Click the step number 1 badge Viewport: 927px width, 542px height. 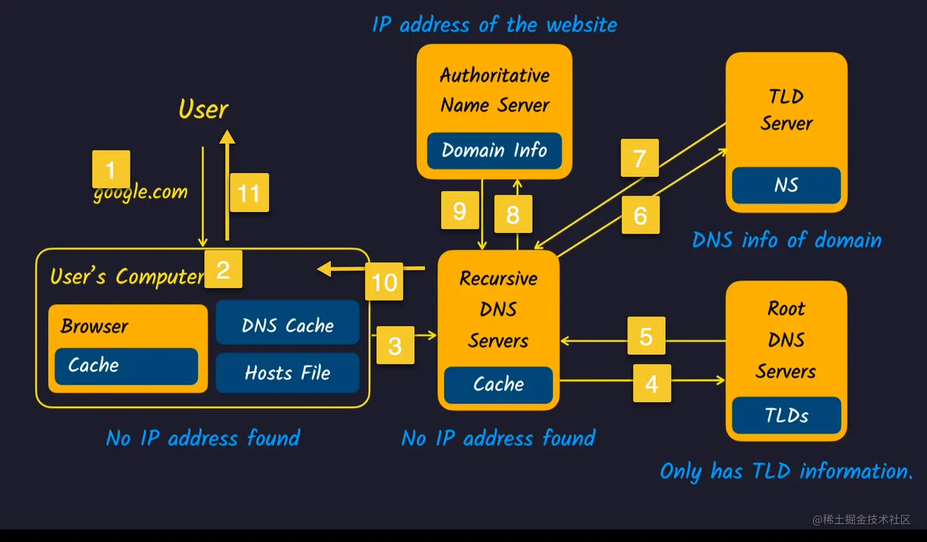coord(111,169)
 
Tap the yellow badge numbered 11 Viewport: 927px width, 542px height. coord(249,193)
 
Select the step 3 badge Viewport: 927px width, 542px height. coord(395,345)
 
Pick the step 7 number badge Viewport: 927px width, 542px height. coord(639,158)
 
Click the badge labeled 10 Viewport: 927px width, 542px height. coord(384,281)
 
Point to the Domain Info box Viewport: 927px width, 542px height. coord(494,150)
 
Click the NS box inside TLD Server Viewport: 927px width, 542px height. coord(786,185)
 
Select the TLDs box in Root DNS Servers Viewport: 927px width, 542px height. coord(786,415)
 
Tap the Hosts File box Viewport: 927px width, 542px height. coord(288,372)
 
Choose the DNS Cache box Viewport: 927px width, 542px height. coord(288,324)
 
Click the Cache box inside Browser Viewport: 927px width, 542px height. coord(126,365)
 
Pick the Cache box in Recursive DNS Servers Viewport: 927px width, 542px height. coord(498,384)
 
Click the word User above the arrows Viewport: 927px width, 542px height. coord(203,109)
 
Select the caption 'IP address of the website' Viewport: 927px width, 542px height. coord(494,25)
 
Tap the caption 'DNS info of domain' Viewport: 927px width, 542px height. coord(787,240)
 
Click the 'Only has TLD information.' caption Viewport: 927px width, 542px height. coord(786,471)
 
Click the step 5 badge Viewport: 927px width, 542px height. coord(646,335)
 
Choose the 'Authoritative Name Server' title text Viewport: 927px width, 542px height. coord(495,90)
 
